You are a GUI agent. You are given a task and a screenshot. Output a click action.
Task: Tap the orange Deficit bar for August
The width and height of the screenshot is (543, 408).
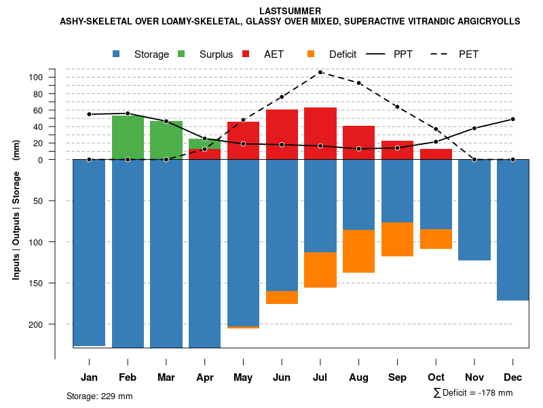click(359, 251)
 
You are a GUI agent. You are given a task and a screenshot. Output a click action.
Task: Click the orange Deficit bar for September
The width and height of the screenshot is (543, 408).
click(398, 239)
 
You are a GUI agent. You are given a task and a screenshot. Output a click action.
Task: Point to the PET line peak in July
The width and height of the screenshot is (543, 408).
click(320, 72)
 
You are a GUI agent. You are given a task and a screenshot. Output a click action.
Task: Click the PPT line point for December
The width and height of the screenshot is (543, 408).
click(513, 119)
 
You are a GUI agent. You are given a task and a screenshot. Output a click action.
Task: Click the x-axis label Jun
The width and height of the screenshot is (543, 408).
click(282, 377)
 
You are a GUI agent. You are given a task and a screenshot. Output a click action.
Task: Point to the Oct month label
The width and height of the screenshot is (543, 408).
click(436, 377)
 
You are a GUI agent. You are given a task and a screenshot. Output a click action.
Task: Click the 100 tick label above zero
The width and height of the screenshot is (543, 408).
click(55, 77)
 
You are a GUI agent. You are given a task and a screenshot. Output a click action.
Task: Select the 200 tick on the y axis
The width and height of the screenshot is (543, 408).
click(55, 324)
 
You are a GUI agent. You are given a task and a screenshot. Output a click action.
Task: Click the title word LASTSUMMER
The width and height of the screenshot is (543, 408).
click(290, 11)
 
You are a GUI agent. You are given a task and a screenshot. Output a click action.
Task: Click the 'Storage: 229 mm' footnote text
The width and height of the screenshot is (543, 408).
click(100, 396)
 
